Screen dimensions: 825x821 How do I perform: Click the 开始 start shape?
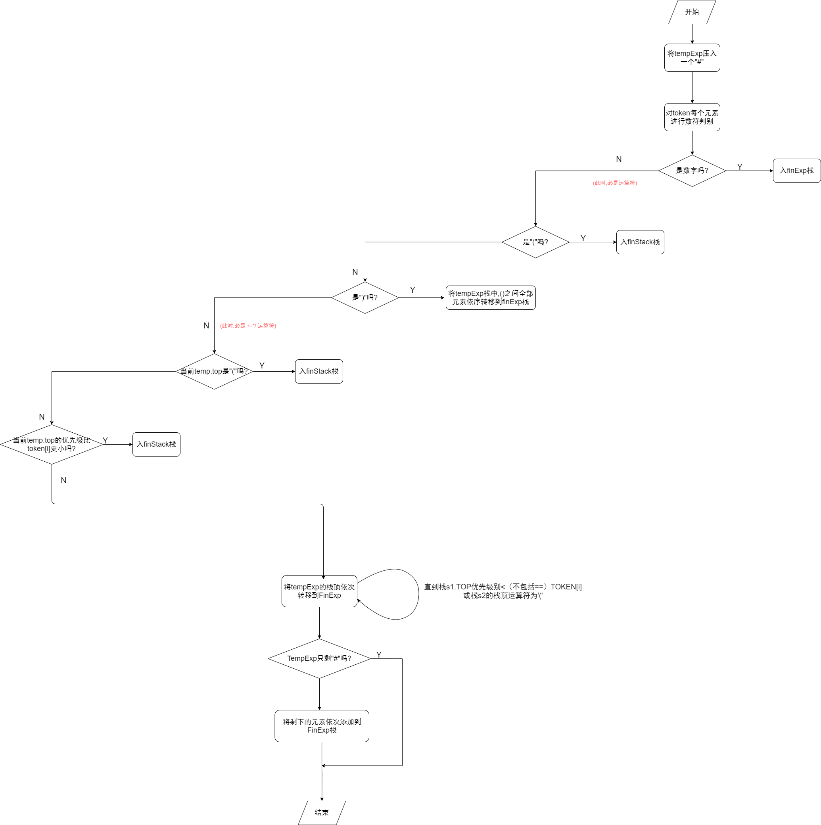point(692,12)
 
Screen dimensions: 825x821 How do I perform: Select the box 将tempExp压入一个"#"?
point(692,58)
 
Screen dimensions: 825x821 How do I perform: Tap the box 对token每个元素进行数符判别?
point(692,117)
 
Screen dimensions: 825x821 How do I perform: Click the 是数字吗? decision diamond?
point(692,171)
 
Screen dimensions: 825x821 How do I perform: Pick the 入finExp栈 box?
point(796,171)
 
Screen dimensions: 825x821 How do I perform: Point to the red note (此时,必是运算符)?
point(614,183)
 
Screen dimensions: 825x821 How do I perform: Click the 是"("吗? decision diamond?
point(535,242)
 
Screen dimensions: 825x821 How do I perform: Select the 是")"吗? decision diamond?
point(364,297)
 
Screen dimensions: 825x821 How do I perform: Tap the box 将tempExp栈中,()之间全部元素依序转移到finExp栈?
point(490,297)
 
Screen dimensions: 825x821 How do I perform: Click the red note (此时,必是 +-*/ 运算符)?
point(247,326)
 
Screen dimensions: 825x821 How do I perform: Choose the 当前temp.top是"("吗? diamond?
point(214,372)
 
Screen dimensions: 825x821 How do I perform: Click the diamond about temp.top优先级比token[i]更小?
point(52,445)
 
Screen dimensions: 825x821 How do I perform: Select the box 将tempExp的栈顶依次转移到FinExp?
point(319,591)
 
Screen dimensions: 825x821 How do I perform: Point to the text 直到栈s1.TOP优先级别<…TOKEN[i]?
point(503,591)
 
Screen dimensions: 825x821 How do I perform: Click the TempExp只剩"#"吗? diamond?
point(319,658)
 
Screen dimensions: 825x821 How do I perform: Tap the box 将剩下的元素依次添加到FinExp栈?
point(322,726)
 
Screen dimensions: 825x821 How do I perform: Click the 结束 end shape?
point(322,813)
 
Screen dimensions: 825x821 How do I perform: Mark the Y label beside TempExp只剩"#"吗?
point(378,654)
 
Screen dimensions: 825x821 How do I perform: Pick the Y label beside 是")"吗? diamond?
point(412,290)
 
